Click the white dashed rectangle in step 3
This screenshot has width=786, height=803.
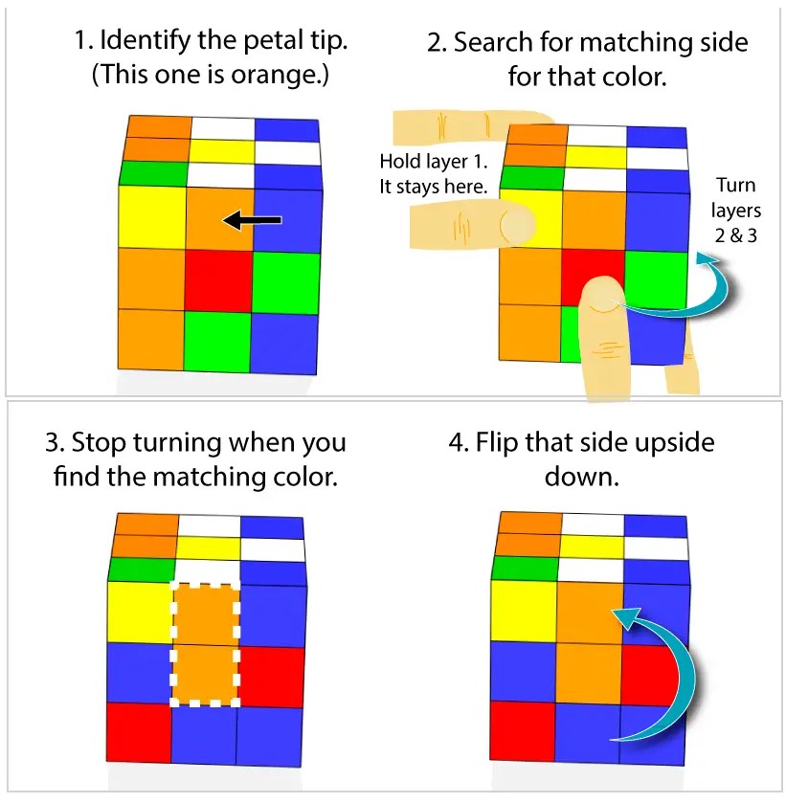coord(204,643)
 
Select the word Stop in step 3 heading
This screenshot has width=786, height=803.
coord(101,444)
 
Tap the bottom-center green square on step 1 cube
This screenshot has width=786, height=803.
coord(217,342)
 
